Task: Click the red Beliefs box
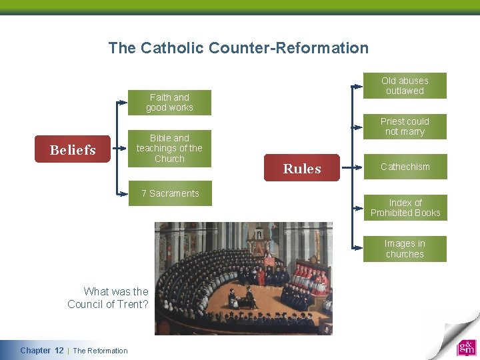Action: point(73,149)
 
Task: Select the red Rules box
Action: point(302,168)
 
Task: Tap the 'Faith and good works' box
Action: point(169,102)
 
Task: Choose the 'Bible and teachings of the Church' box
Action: point(169,148)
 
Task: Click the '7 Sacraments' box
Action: point(170,193)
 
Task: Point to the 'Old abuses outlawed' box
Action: point(405,85)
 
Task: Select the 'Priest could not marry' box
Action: point(405,126)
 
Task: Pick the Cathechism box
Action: point(405,167)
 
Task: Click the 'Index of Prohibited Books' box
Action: point(405,207)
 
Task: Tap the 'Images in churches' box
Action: point(405,249)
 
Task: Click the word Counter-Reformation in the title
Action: point(288,48)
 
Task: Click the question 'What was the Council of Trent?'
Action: point(108,298)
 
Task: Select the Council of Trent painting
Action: point(243,278)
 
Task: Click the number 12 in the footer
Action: point(59,351)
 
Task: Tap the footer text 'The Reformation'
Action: point(100,351)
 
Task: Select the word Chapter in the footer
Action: point(35,351)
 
